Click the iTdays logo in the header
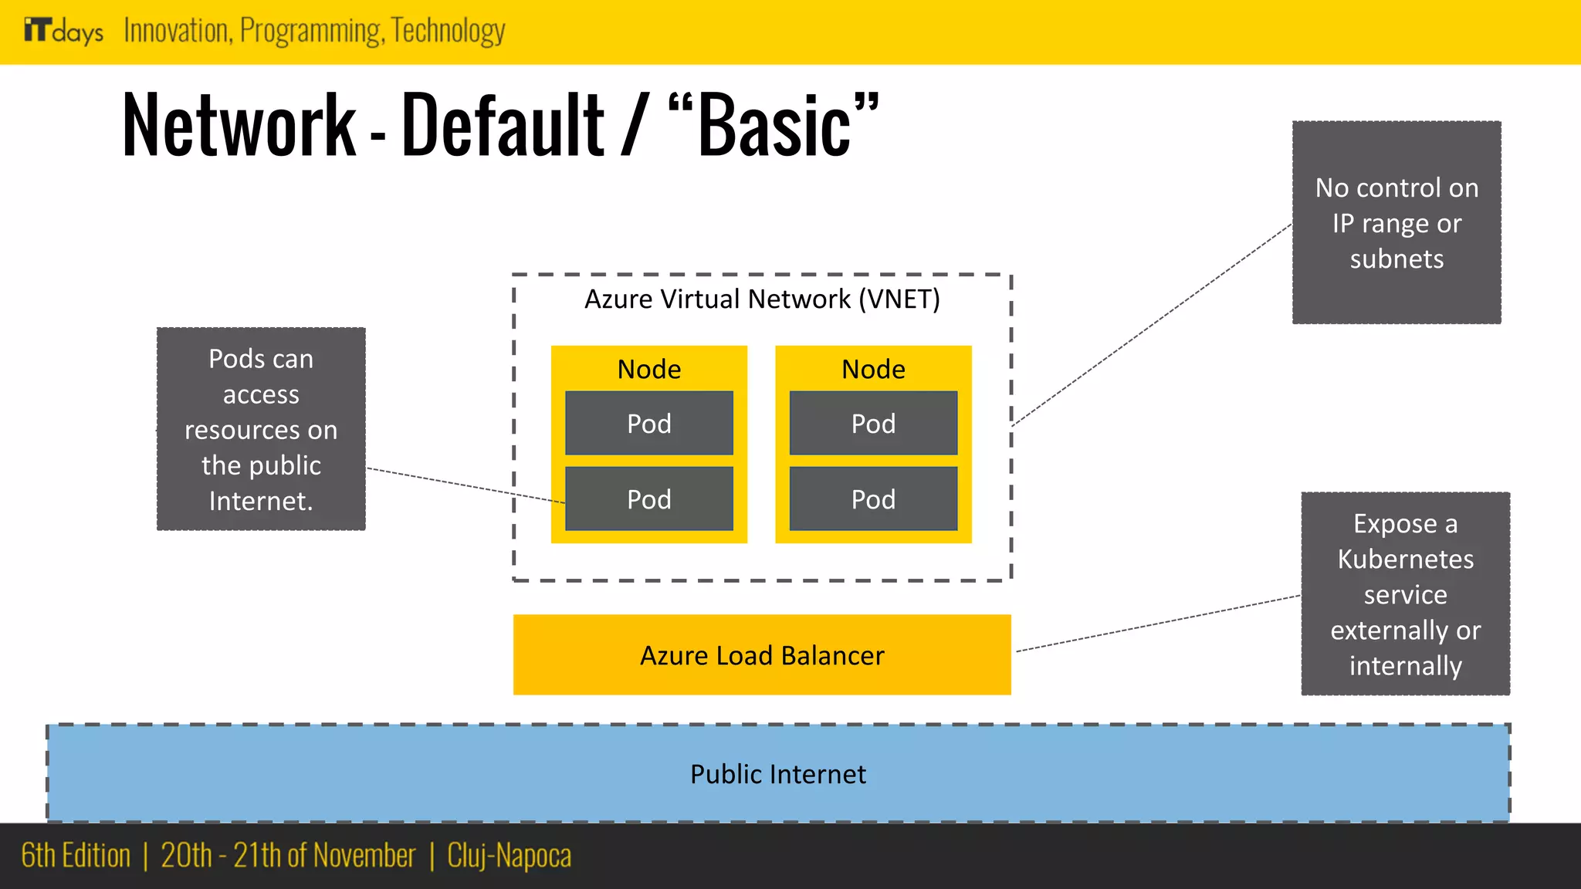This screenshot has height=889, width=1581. click(63, 31)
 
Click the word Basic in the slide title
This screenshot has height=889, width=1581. click(774, 126)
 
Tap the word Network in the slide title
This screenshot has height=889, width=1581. click(239, 126)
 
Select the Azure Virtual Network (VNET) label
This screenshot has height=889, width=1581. click(762, 299)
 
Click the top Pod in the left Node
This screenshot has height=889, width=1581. click(648, 424)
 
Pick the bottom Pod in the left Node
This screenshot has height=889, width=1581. click(648, 499)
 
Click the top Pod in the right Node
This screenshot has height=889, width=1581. click(873, 424)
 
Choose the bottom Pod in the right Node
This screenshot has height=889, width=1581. click(873, 499)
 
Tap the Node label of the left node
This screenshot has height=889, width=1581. click(648, 369)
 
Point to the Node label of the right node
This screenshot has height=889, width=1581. click(873, 369)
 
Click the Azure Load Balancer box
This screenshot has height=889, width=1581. click(762, 655)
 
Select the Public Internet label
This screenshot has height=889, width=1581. click(777, 774)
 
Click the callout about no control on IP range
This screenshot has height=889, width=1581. click(1396, 222)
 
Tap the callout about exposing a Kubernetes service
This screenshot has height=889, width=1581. click(1405, 594)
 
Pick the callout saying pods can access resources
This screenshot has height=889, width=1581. click(261, 429)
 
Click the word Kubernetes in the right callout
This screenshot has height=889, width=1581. click(1405, 559)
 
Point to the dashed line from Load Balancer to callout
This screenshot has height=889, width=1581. click(1158, 624)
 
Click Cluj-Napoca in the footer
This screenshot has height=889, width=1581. click(509, 856)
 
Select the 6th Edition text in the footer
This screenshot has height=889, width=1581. click(76, 856)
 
